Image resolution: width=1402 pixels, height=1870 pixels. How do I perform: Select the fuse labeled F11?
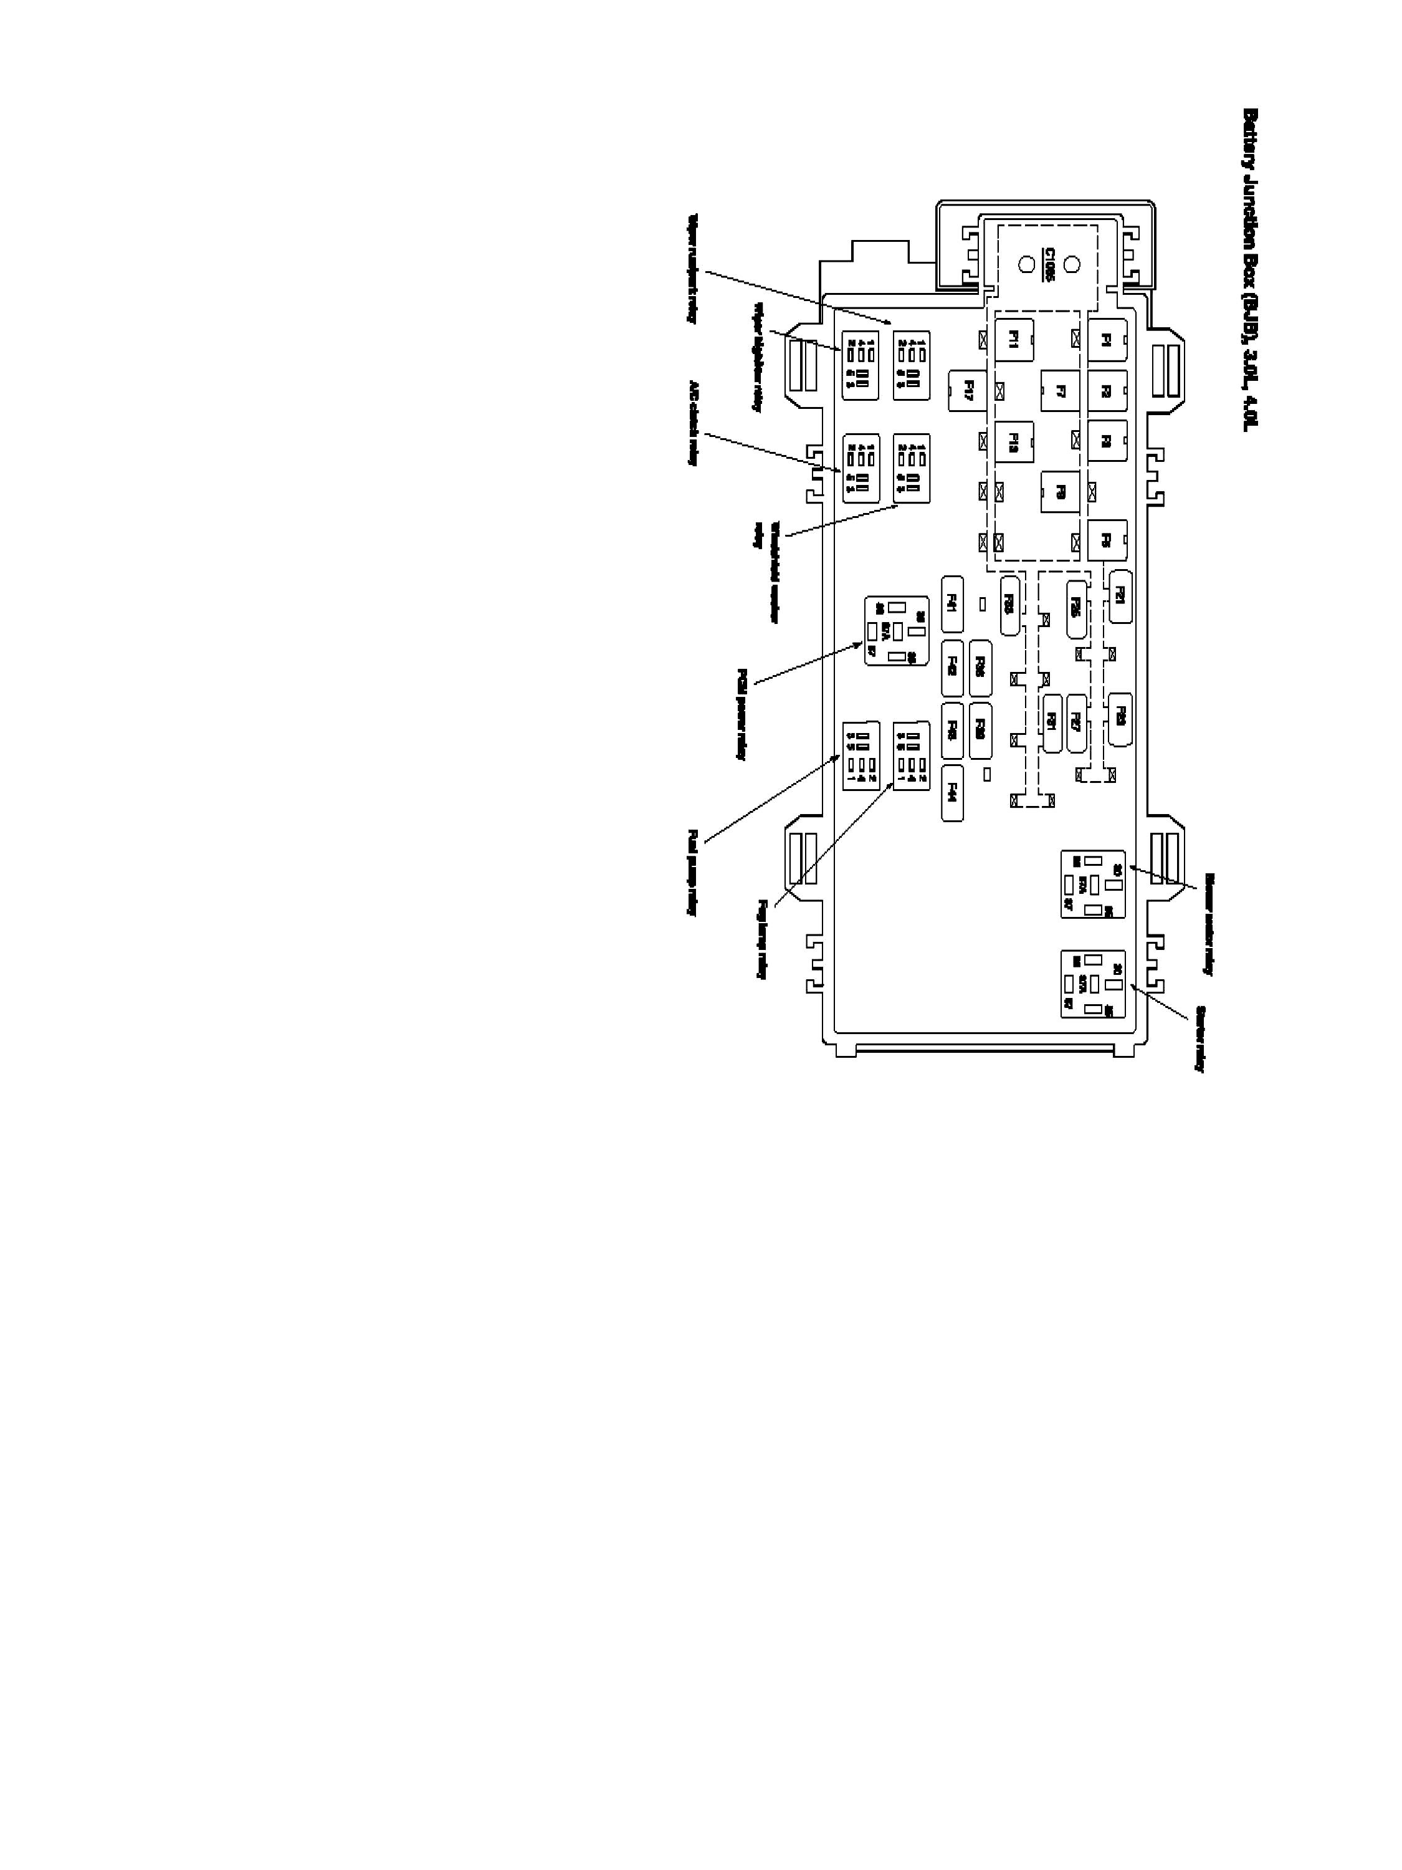point(1014,340)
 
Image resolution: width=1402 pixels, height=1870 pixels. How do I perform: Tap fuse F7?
point(1061,391)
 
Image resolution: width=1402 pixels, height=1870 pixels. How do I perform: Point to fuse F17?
point(968,391)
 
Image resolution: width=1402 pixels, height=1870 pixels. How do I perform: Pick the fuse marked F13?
point(1014,441)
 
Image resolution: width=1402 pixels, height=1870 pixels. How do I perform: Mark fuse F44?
point(952,792)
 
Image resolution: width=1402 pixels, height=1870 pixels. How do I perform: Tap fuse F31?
point(1052,723)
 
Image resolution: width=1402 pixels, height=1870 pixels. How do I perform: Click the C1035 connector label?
point(1049,265)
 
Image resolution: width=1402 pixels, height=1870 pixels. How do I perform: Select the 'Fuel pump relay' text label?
point(692,873)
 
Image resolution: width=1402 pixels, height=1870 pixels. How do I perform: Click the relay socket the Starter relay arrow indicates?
point(1093,984)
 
